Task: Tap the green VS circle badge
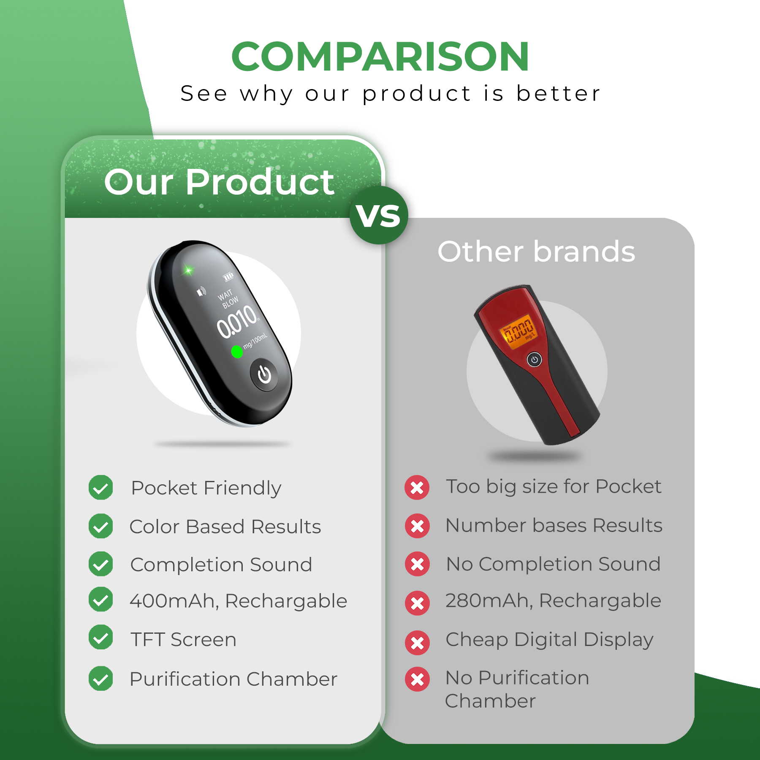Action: point(379,215)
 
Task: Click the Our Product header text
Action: point(219,182)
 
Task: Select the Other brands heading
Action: point(536,252)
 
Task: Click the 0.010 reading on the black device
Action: point(237,323)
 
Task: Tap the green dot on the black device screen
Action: point(237,352)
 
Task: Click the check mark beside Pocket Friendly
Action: point(101,488)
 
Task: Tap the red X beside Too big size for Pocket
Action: point(417,488)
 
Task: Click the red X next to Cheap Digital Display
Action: point(417,643)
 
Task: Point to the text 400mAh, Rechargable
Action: point(238,601)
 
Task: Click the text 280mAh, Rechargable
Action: point(553,600)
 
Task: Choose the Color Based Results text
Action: point(225,527)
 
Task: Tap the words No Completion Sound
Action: point(553,564)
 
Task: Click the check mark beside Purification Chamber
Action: point(101,679)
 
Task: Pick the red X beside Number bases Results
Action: point(417,526)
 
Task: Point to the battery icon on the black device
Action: point(228,277)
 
